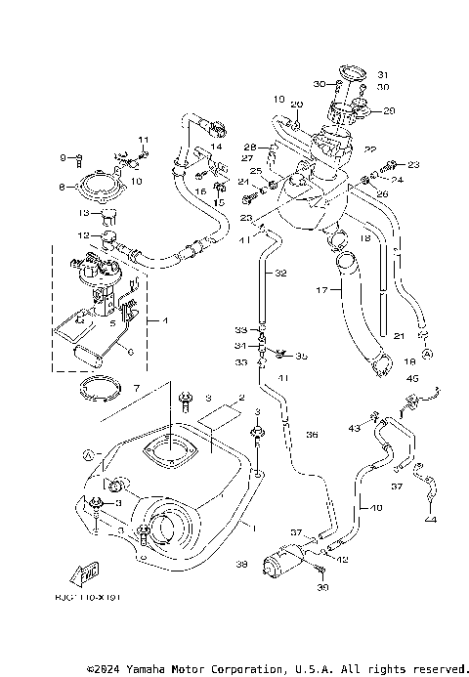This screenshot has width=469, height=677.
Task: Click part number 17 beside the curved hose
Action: click(x=320, y=290)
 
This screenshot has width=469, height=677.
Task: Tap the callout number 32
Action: click(x=280, y=274)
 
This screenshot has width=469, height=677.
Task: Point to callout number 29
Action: click(x=390, y=111)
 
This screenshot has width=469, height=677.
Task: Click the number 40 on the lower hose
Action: click(x=376, y=508)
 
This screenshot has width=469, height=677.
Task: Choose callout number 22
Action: click(x=370, y=148)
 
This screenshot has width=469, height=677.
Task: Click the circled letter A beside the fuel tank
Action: click(x=87, y=454)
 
